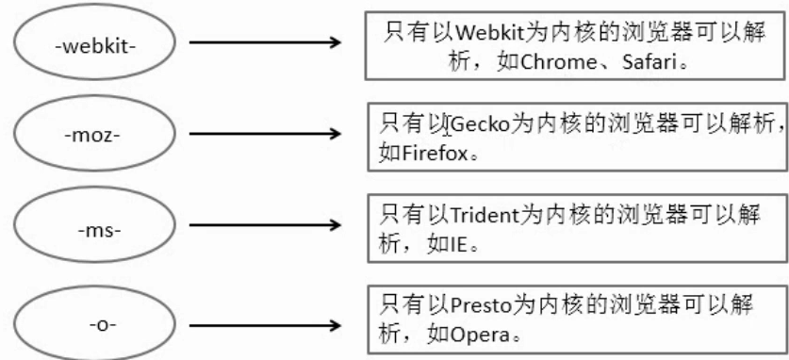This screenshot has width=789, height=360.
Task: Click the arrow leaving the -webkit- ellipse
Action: click(x=264, y=42)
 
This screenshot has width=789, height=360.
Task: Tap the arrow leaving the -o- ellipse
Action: click(x=264, y=325)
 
